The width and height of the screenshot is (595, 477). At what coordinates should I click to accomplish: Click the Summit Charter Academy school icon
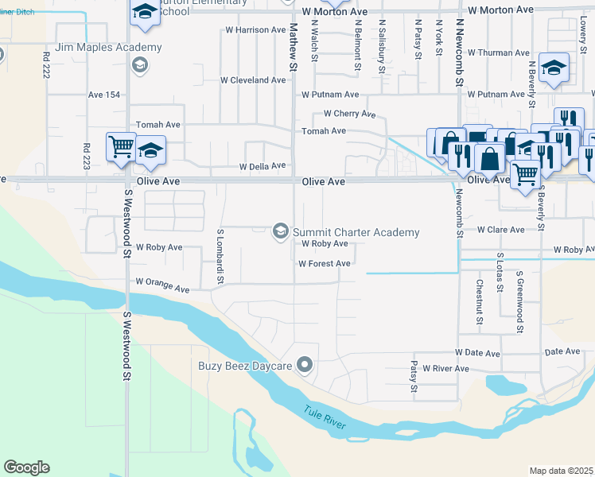click(280, 231)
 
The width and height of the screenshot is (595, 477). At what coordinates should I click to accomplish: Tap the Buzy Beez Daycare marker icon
click(304, 366)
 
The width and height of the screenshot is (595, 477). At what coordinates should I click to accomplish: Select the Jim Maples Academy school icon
click(140, 64)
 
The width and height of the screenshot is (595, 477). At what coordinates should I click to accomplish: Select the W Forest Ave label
click(324, 264)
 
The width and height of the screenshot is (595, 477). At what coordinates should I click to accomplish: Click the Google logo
click(26, 467)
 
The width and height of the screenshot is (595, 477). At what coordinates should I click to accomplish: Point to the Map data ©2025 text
click(561, 471)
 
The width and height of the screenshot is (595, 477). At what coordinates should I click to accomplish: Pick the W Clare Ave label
click(501, 230)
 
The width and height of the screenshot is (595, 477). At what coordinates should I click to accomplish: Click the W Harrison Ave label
click(255, 30)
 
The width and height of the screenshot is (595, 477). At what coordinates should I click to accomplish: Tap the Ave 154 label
click(104, 95)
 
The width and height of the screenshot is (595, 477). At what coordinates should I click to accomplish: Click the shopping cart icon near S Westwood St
click(120, 146)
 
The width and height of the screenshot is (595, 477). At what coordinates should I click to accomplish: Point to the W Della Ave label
click(262, 166)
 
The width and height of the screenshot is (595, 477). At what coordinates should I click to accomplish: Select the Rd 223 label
click(86, 157)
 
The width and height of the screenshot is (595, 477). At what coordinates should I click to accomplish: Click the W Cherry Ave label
click(349, 114)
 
